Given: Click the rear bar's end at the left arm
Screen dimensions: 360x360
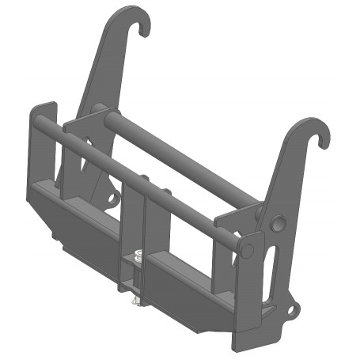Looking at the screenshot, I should (x=97, y=109).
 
